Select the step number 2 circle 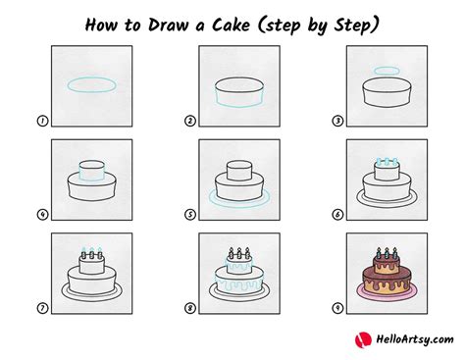(190, 122)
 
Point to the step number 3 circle (337, 122)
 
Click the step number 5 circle (190, 215)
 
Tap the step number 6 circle (337, 215)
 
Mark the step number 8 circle (190, 308)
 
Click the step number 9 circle (337, 308)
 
